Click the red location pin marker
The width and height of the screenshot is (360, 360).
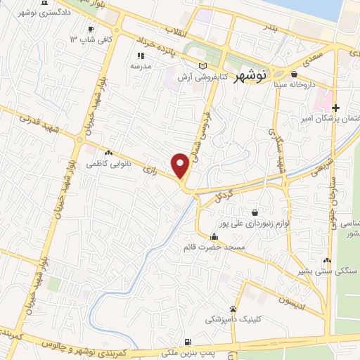[181, 165]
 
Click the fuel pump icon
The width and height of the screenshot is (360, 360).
[186, 343]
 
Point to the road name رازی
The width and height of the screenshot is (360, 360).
[148, 169]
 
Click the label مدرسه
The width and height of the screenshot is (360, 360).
[141, 65]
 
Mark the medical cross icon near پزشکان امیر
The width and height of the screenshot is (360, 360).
[335, 108]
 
